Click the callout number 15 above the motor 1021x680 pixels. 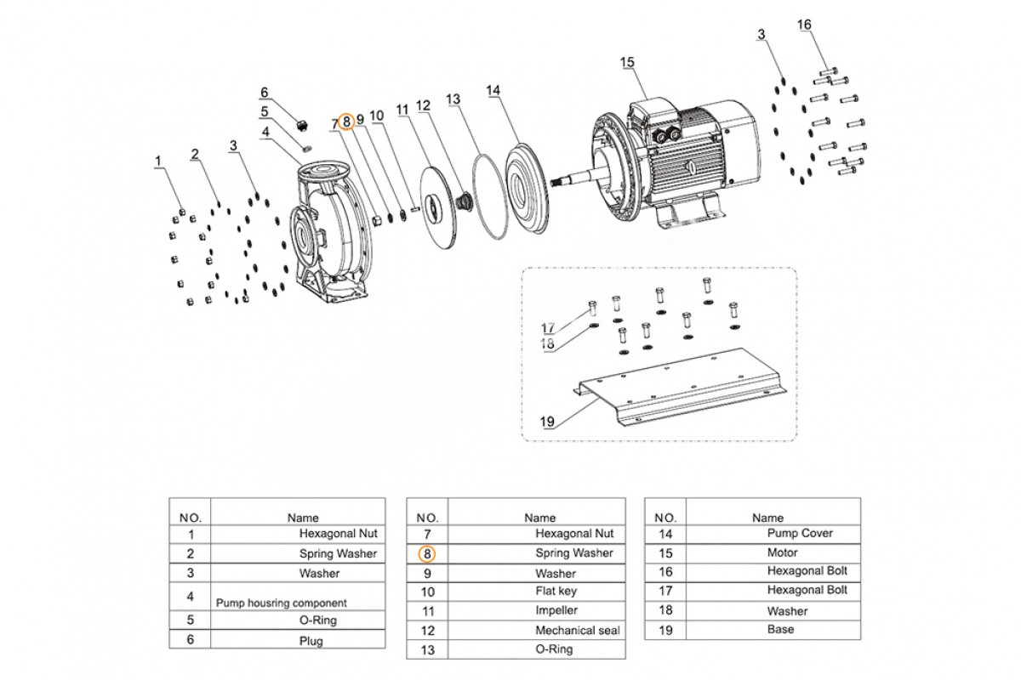pos(627,62)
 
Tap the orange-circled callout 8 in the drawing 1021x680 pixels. pos(346,122)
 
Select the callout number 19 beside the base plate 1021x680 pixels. pos(547,422)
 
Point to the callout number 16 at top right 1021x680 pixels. pos(804,25)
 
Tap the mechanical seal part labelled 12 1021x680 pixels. pos(463,200)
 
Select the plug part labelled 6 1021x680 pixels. pos(301,125)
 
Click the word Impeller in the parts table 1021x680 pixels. pos(556,610)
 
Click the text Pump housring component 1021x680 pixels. pos(282,603)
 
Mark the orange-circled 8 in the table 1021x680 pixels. pos(426,554)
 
